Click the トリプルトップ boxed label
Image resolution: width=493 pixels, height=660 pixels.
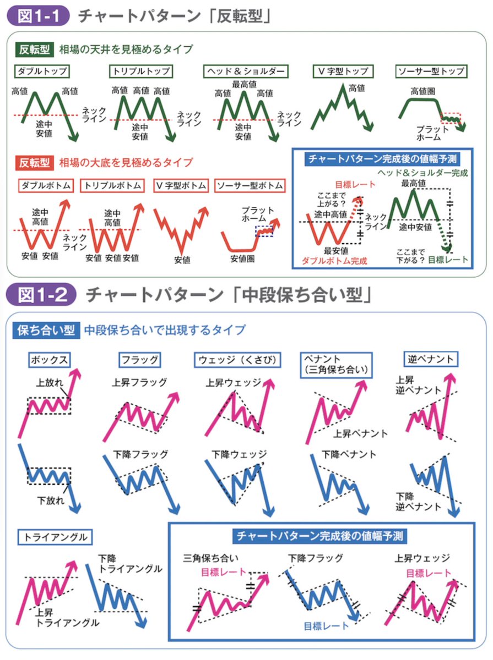[x=140, y=71]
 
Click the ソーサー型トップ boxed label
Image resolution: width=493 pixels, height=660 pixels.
[x=431, y=71]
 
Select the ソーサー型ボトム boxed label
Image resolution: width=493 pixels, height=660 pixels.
[x=249, y=186]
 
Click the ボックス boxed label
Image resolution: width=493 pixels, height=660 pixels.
[x=50, y=360]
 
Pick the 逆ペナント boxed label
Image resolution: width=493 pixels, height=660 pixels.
[x=431, y=359]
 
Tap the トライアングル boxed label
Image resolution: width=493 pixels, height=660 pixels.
[x=55, y=537]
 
